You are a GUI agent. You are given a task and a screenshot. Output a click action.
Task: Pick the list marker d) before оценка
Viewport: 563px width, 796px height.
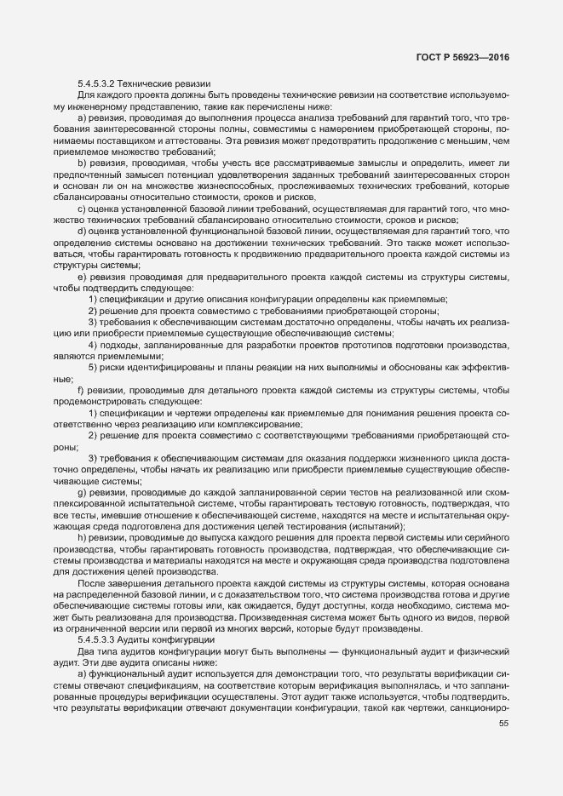(82, 231)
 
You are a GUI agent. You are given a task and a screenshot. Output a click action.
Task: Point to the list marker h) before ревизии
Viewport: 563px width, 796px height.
(82, 539)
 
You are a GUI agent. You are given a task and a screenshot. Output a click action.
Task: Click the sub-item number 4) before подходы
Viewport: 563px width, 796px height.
(93, 346)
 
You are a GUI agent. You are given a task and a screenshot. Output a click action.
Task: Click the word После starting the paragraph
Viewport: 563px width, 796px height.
(93, 583)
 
